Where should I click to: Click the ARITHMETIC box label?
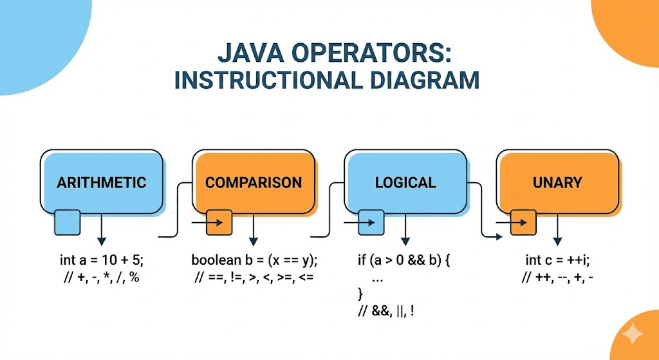tap(101, 182)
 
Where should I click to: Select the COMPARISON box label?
tap(254, 182)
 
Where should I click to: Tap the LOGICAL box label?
tap(405, 182)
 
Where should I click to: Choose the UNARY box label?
tap(557, 182)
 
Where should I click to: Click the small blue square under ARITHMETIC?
tap(67, 222)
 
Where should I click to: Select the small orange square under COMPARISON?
tap(219, 222)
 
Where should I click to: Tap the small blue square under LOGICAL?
tap(371, 222)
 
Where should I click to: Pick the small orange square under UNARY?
tap(523, 222)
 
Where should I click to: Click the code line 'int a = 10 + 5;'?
tap(102, 261)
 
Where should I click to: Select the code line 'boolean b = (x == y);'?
tap(255, 261)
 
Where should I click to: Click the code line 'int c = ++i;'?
tap(557, 261)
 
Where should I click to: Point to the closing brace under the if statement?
tap(360, 295)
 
